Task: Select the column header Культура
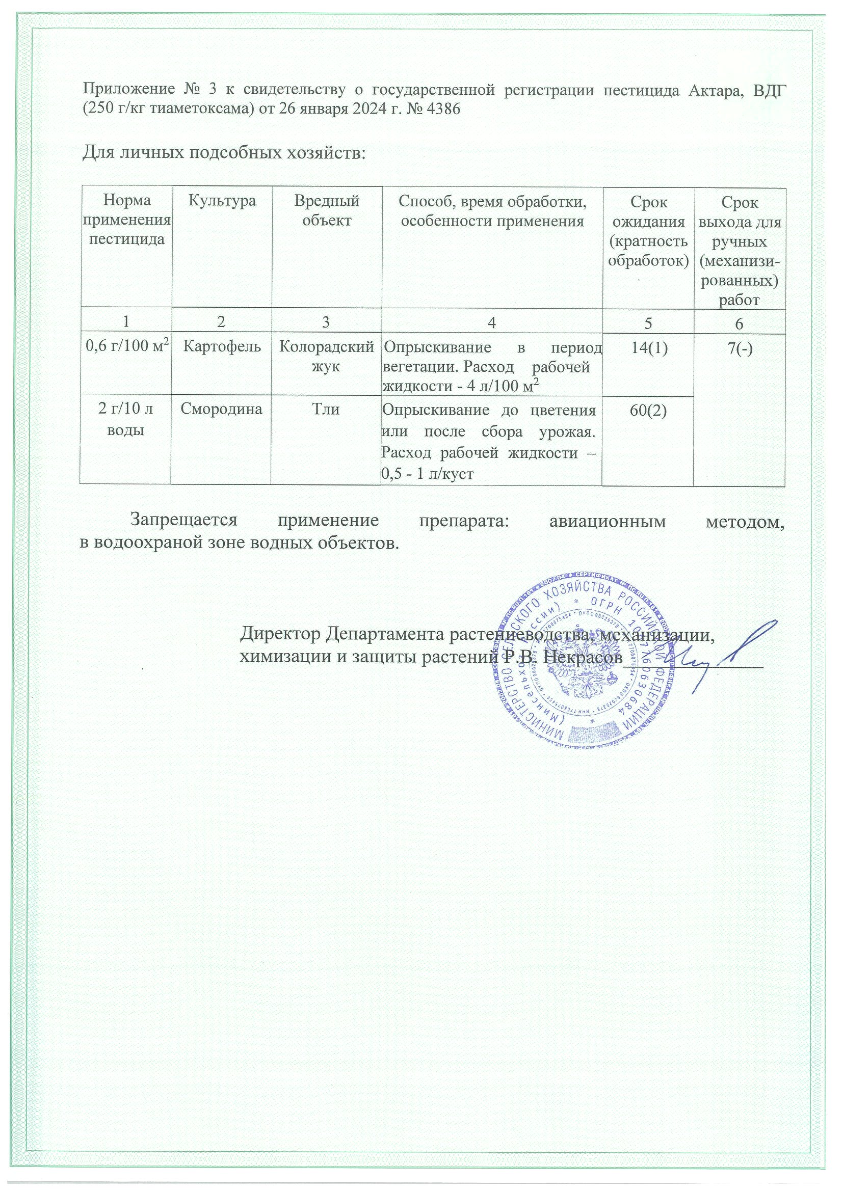tap(222, 201)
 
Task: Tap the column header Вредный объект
tap(327, 210)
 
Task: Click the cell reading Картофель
tap(222, 346)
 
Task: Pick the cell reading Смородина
tap(222, 409)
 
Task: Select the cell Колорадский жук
tap(327, 356)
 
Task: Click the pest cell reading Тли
tap(326, 409)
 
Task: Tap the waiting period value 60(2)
tap(648, 410)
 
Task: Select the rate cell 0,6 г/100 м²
tap(125, 346)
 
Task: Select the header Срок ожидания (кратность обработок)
tap(648, 231)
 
